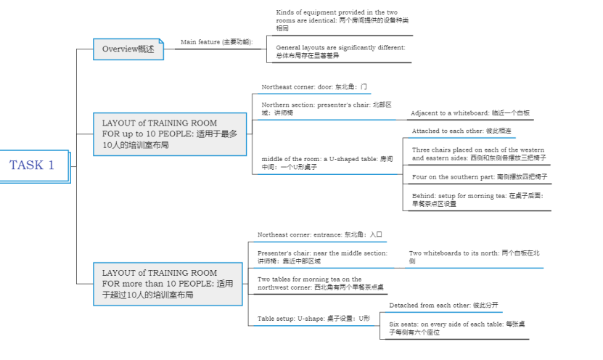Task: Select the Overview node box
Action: click(x=128, y=49)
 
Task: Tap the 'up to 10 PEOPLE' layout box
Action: click(x=171, y=134)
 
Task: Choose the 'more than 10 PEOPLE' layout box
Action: click(x=171, y=284)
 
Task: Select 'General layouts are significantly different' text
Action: click(x=340, y=51)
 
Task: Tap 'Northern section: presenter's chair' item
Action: click(x=327, y=108)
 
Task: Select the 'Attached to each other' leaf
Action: click(x=462, y=131)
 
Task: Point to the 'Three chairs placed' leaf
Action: click(x=479, y=153)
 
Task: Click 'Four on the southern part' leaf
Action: click(x=480, y=176)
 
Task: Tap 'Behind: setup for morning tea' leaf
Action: click(x=480, y=200)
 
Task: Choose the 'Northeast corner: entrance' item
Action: click(x=319, y=234)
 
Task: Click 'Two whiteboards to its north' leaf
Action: click(x=473, y=256)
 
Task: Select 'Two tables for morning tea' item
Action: click(x=320, y=283)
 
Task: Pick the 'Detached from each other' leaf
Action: click(x=443, y=306)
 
